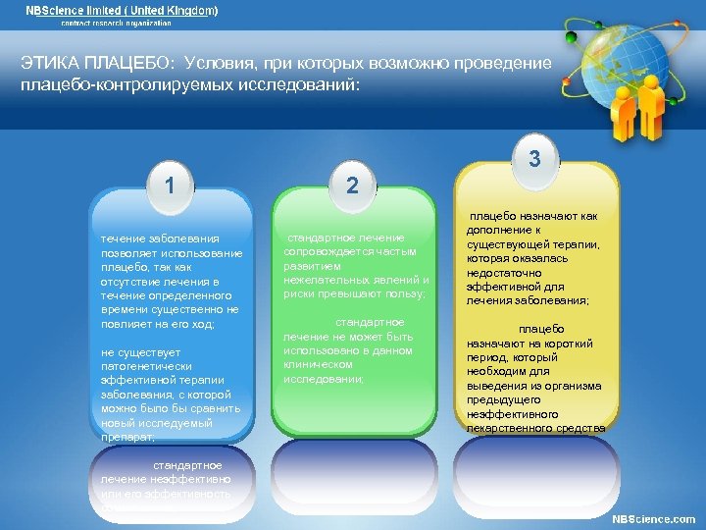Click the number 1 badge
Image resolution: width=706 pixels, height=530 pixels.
tap(171, 184)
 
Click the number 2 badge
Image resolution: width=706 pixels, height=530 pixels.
tap(353, 185)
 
